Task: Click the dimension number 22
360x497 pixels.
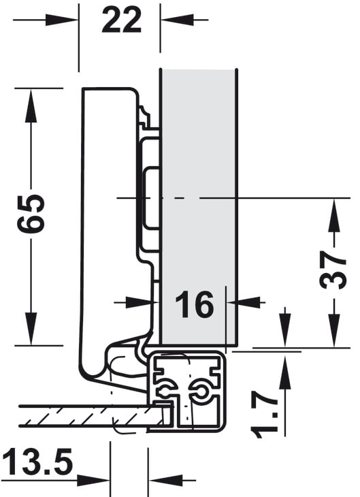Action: coord(121,20)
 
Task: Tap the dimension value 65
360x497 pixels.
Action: coord(31,214)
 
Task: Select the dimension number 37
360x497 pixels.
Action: coord(333,270)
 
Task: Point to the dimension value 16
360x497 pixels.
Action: coord(195,304)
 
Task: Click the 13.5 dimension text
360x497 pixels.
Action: coord(38,462)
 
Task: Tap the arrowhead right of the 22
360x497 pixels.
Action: coord(177,20)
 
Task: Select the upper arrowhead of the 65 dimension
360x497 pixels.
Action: coord(31,106)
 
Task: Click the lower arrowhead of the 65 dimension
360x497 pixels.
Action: coord(31,329)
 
